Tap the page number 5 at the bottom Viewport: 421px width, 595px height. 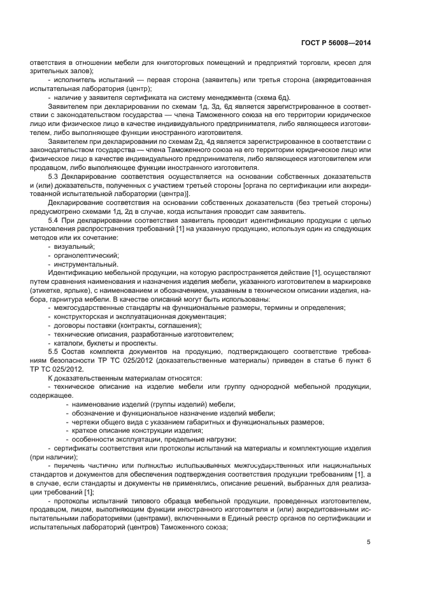[x=369, y=542]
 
